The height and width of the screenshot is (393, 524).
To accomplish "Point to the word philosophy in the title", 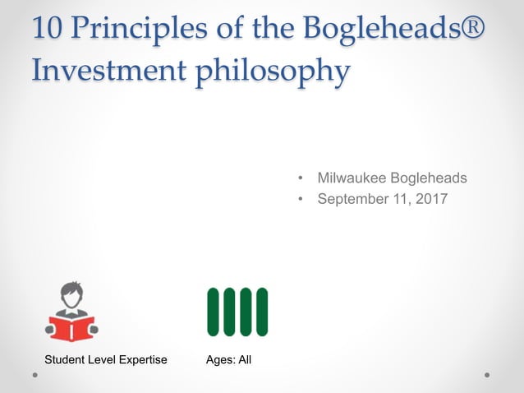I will click(x=271, y=71).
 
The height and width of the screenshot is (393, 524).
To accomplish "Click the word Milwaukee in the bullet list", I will click(x=353, y=178).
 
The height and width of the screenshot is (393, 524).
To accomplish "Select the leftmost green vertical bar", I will click(x=214, y=312).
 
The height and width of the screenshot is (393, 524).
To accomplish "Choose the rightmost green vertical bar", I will click(x=262, y=312).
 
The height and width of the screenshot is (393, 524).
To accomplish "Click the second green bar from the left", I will click(x=230, y=312).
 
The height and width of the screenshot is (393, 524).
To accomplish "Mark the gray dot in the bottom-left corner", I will click(x=35, y=374).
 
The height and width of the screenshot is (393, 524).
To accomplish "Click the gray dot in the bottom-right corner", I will click(x=487, y=374).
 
